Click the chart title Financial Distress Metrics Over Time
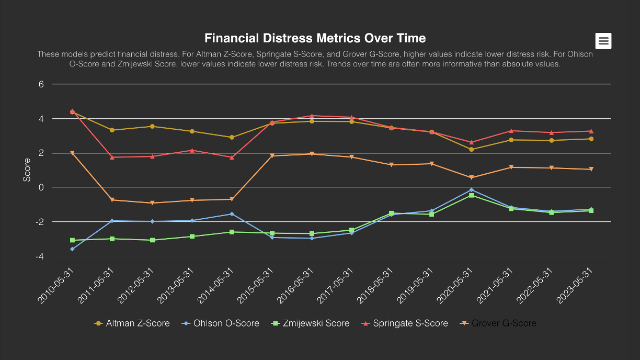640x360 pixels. tap(315, 38)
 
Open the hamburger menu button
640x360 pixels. tap(603, 41)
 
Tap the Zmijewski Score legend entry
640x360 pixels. tap(311, 323)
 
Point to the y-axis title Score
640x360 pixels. tap(27, 170)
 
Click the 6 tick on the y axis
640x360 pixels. tap(41, 84)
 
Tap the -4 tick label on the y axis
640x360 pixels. tap(39, 256)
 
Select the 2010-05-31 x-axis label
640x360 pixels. tap(54, 285)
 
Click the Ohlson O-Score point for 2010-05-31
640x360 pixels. tap(72, 249)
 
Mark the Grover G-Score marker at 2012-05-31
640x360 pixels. tap(152, 203)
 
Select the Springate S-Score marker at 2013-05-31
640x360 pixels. tap(192, 150)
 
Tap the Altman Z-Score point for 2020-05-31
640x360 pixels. tap(471, 150)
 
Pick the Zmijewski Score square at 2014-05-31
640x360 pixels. tap(232, 232)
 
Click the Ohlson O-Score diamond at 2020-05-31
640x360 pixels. tap(471, 190)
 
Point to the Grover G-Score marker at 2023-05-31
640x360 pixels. tap(591, 170)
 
